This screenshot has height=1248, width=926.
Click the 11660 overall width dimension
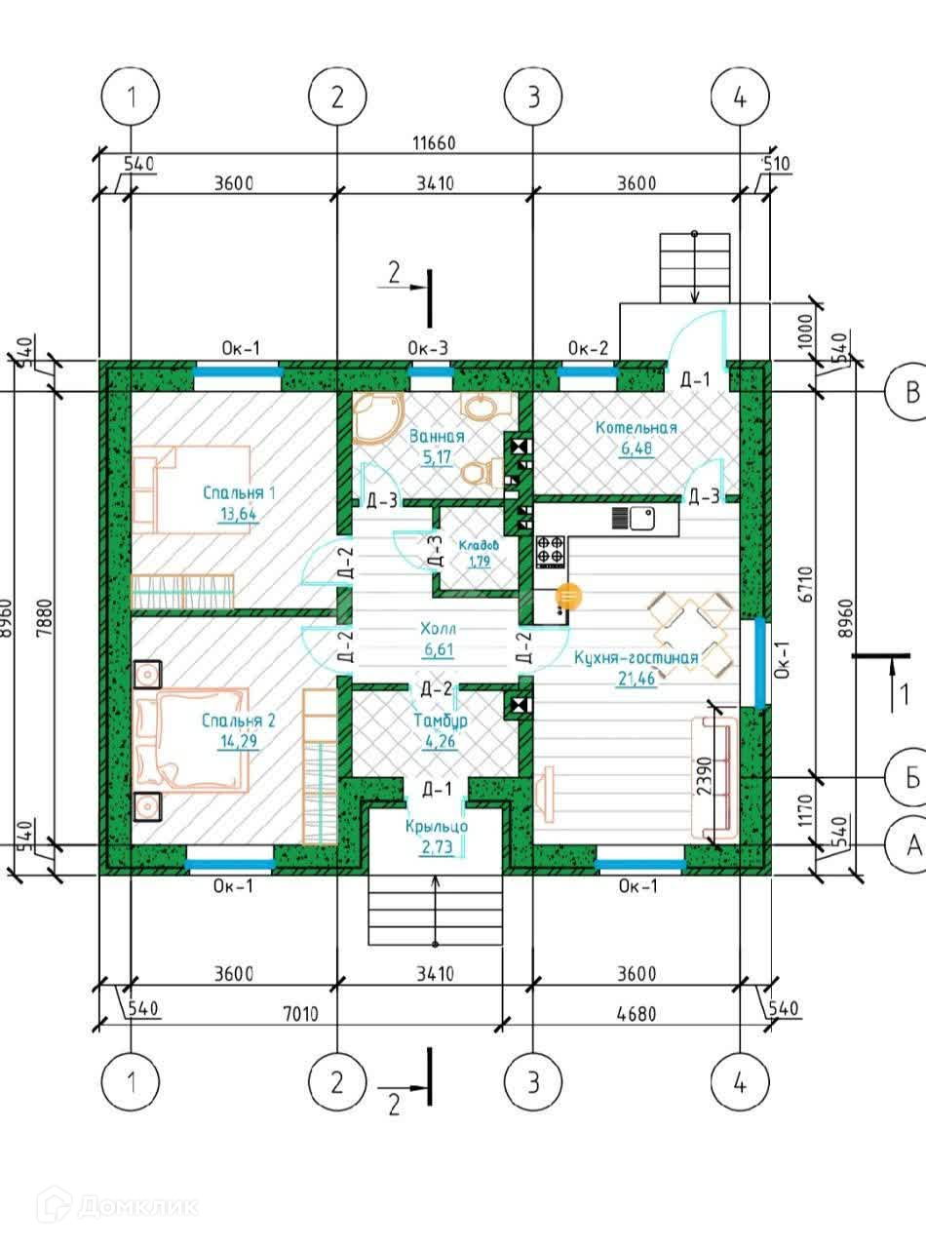[x=434, y=143]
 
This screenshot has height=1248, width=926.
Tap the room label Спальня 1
[x=239, y=493]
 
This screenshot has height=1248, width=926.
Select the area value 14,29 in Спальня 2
[x=239, y=741]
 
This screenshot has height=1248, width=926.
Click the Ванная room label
[x=437, y=436]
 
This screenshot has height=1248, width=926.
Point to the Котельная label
[x=637, y=428]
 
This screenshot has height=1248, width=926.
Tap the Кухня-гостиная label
[x=637, y=657]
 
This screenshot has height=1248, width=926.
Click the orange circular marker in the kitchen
[x=569, y=596]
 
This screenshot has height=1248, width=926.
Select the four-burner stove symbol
[x=551, y=550]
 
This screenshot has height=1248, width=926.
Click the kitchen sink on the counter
[x=642, y=519]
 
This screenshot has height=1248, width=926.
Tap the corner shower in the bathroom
[x=378, y=417]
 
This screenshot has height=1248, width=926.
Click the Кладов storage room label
[x=479, y=545]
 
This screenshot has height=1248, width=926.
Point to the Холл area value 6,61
[x=439, y=649]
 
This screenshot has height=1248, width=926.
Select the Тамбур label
[x=441, y=721]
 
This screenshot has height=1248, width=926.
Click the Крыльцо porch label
[x=437, y=827]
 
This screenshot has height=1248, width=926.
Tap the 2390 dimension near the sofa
[x=705, y=776]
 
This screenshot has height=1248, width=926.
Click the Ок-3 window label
[x=428, y=348]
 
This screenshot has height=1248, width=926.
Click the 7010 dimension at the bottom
[x=300, y=1015]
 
